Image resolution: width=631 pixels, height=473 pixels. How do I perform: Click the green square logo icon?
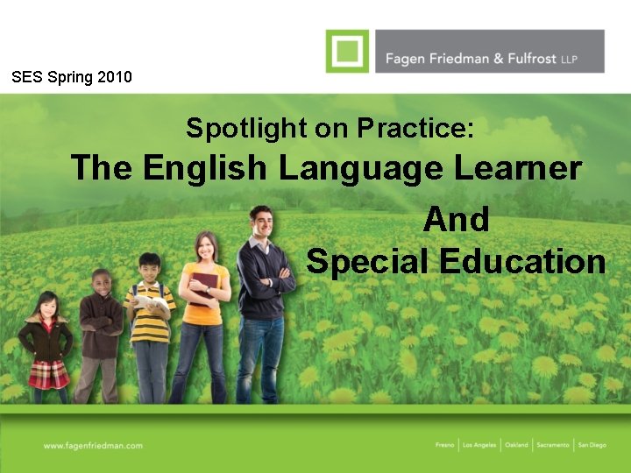pyautogui.click(x=347, y=50)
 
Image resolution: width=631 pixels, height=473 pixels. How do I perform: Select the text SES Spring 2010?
pyautogui.click(x=72, y=77)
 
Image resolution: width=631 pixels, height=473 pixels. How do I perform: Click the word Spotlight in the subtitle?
pyautogui.click(x=246, y=129)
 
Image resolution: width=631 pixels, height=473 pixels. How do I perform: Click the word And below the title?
pyautogui.click(x=456, y=219)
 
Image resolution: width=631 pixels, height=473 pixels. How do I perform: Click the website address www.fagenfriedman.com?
pyautogui.click(x=93, y=445)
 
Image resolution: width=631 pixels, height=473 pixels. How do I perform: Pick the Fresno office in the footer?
pyautogui.click(x=445, y=445)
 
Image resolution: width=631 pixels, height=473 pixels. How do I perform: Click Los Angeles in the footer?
pyautogui.click(x=479, y=445)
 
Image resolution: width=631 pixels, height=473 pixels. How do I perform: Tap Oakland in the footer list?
pyautogui.click(x=516, y=445)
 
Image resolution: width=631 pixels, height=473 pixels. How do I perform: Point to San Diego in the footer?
pyautogui.click(x=592, y=445)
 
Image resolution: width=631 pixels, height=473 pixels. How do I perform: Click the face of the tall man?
pyautogui.click(x=261, y=222)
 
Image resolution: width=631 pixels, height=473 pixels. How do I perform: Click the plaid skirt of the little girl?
pyautogui.click(x=48, y=374)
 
